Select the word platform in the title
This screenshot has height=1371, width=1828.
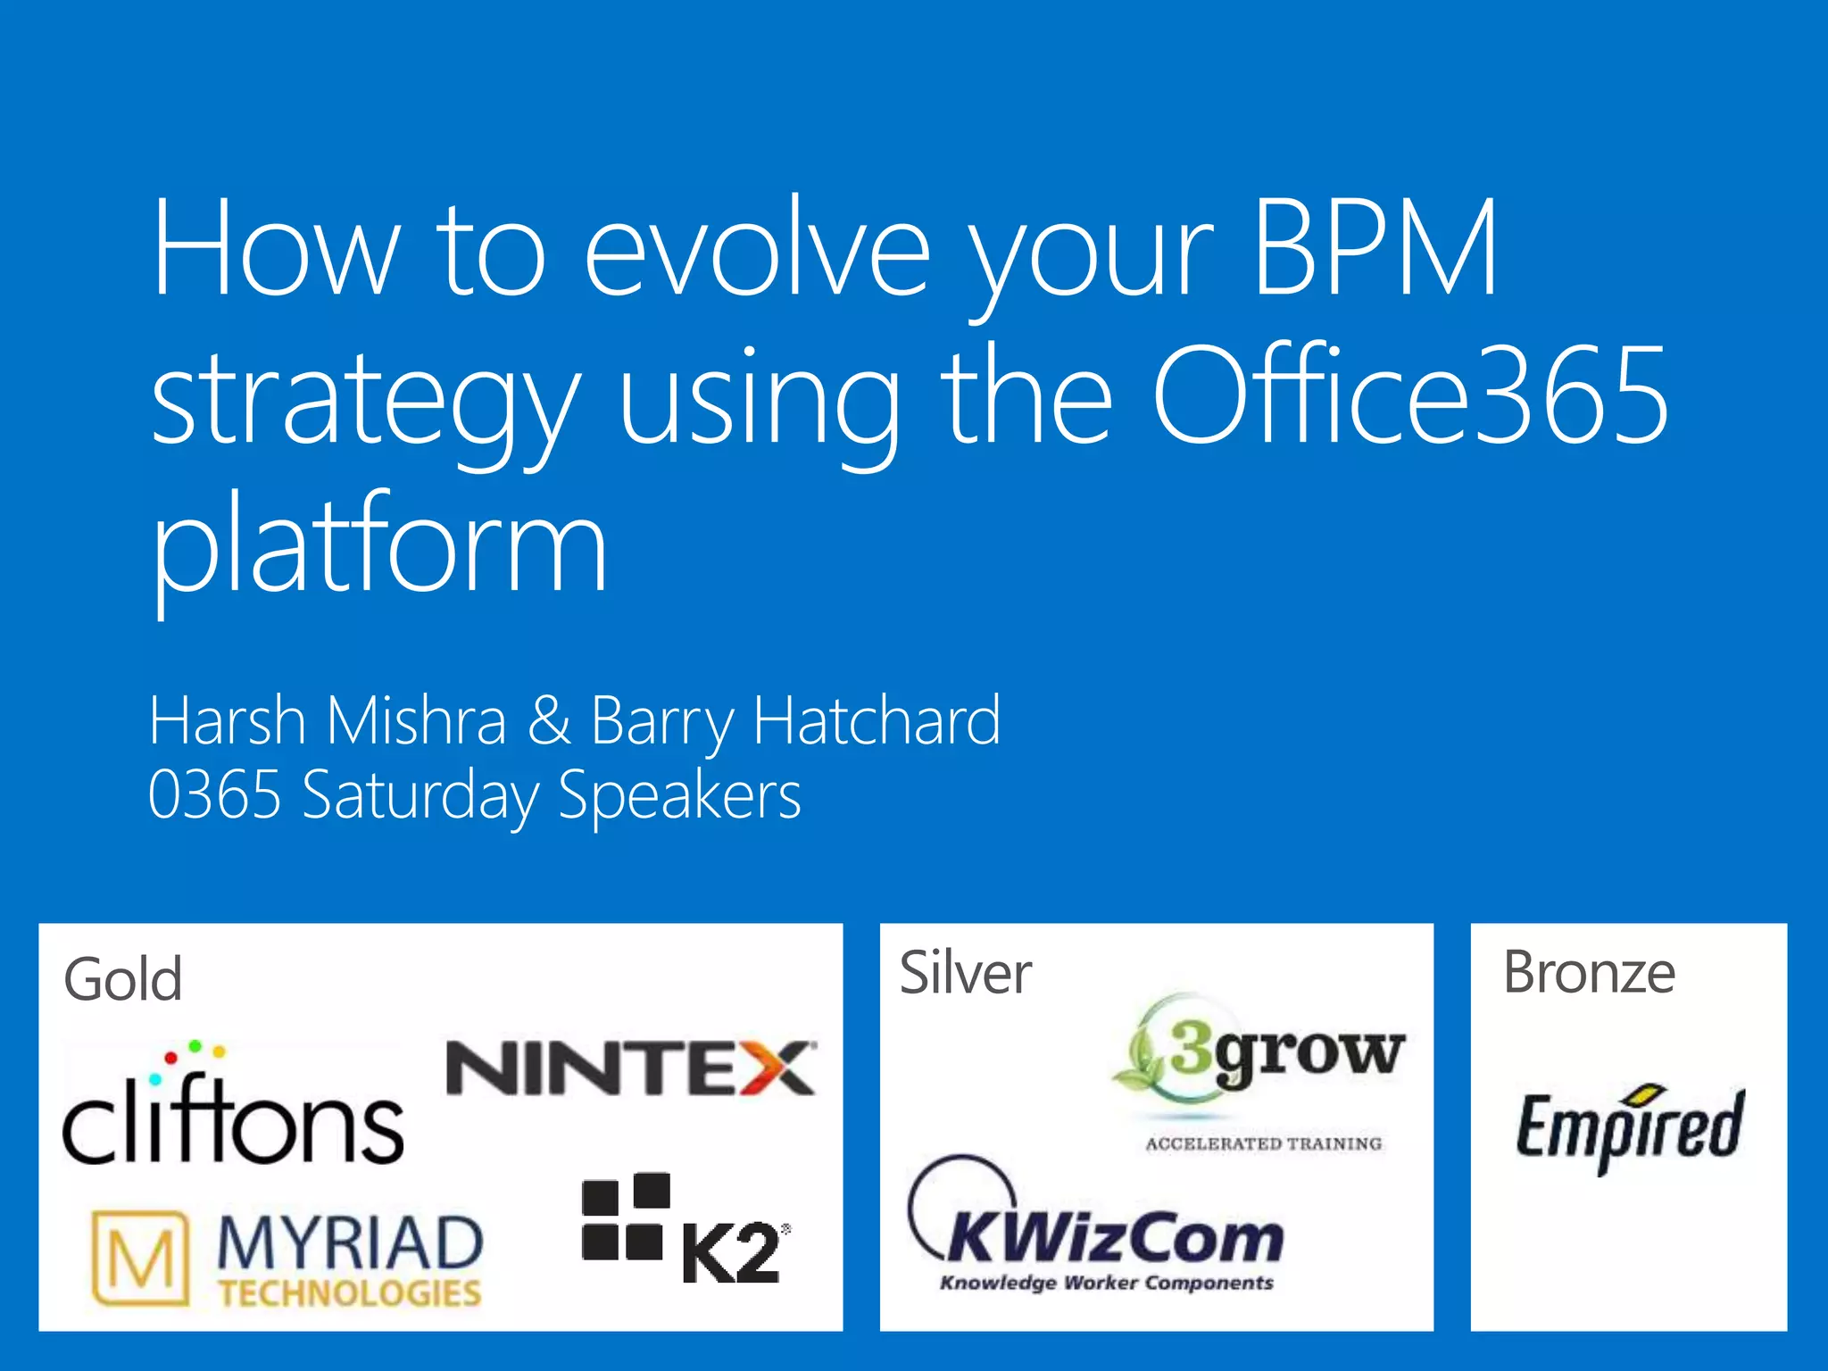pos(379,544)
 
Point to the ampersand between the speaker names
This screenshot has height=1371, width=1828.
pos(548,720)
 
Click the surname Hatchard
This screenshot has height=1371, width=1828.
pos(877,720)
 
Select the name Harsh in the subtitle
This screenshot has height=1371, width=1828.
pos(227,720)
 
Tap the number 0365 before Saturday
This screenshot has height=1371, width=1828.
pos(214,794)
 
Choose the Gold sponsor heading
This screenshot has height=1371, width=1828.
pos(123,980)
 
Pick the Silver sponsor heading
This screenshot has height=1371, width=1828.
pos(965,973)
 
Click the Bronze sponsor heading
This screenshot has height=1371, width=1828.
pos(1589,973)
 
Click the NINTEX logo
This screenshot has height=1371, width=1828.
pos(630,1068)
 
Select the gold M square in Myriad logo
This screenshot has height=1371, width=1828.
pos(141,1259)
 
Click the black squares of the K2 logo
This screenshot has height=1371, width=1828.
pos(625,1216)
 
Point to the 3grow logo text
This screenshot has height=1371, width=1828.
pos(1285,1053)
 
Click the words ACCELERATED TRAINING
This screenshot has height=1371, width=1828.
pos(1263,1144)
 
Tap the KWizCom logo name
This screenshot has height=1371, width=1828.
pos(1116,1239)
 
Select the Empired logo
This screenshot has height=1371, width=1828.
pos(1628,1126)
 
